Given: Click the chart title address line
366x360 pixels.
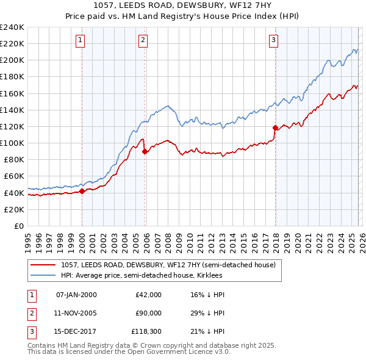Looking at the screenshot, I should click(183, 5).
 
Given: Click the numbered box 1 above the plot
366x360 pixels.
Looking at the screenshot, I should click(81, 40).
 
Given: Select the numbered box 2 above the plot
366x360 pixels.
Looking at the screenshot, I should click(143, 40).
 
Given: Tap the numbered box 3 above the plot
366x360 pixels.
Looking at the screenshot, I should click(274, 40).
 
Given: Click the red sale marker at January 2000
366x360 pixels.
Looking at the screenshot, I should click(82, 191).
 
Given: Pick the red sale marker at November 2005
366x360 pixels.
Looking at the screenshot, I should click(145, 152).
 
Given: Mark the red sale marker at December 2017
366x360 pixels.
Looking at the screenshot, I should click(275, 128).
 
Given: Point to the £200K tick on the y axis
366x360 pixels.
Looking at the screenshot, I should click(12, 60).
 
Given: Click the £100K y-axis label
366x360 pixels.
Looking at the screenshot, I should click(12, 143).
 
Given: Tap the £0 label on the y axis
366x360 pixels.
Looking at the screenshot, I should click(18, 226).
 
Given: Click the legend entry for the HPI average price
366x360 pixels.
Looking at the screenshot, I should click(142, 275).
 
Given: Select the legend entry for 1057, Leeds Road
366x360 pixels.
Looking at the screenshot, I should click(168, 265).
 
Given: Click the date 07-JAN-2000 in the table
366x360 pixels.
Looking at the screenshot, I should click(76, 295).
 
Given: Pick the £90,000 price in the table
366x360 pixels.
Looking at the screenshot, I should click(148, 312).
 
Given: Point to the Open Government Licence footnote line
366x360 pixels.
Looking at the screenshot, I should click(129, 352).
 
